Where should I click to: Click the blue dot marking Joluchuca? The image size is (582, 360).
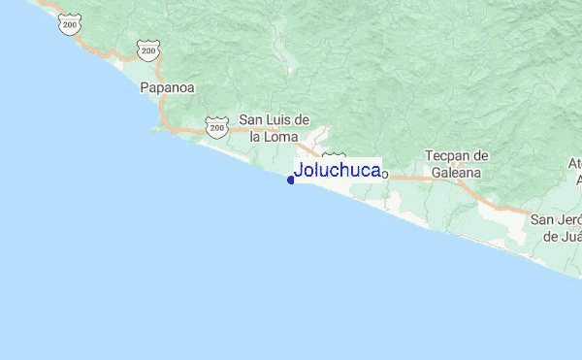(291, 180)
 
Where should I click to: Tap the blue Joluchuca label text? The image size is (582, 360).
(337, 170)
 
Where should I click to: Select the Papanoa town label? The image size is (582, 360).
(167, 87)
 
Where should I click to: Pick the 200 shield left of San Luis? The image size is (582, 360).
(215, 124)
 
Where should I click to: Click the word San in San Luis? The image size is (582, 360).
(252, 119)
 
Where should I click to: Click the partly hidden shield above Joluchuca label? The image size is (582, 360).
(334, 156)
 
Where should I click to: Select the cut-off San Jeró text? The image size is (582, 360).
(555, 219)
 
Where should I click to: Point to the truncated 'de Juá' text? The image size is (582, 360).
(562, 236)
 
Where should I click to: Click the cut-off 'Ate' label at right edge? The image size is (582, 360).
(576, 163)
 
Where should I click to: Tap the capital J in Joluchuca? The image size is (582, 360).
(299, 170)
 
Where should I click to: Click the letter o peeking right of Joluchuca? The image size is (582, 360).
(384, 175)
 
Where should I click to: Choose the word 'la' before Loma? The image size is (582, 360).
(256, 137)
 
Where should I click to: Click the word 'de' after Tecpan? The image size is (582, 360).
(480, 155)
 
